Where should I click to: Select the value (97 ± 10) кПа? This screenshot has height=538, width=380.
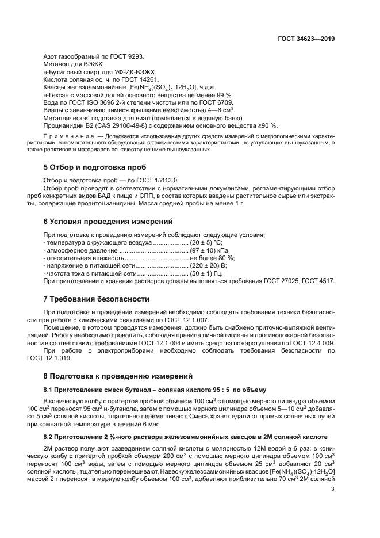(210, 251)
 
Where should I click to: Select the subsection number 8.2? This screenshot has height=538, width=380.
(50, 437)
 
